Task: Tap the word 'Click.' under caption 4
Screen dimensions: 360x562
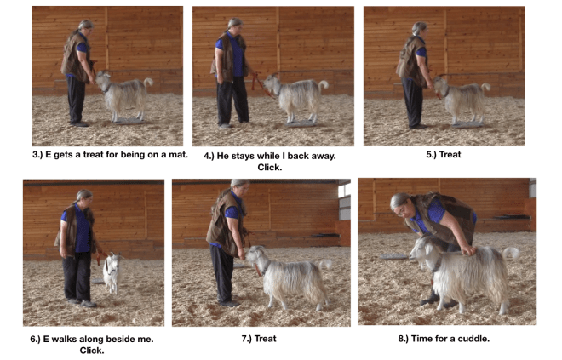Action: tap(268, 168)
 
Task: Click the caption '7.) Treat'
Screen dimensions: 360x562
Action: tap(259, 339)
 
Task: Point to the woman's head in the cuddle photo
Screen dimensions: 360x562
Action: tap(400, 204)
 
